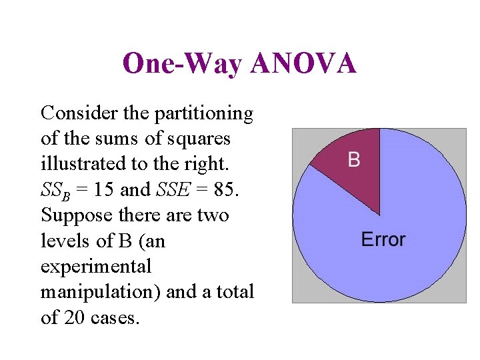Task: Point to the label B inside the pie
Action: [354, 159]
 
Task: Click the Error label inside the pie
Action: [383, 239]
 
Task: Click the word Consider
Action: [79, 113]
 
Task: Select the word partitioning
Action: [204, 113]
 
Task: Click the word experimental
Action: [96, 267]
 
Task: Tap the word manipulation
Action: [98, 292]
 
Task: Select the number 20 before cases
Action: [75, 317]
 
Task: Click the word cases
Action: [115, 317]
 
